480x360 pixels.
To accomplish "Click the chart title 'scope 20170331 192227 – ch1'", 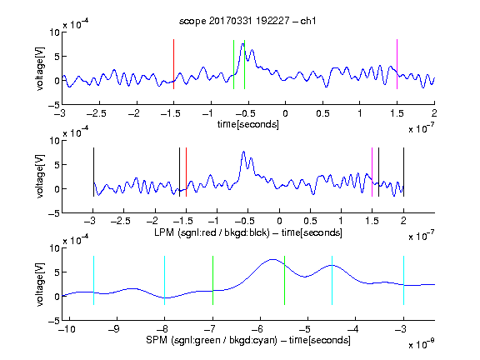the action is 247,21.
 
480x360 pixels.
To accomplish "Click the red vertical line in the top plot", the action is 173,64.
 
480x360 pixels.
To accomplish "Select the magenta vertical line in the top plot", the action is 397,64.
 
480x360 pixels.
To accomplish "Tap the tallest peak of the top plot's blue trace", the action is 243,44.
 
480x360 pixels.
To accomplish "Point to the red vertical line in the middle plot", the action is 186,172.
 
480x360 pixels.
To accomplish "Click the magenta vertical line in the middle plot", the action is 372,172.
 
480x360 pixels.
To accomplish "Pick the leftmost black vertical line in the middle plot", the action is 93,172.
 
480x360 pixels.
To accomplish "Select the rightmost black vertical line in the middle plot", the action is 403,172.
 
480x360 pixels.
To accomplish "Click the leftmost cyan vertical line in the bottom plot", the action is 93,280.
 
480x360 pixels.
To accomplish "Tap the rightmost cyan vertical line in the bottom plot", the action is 403,280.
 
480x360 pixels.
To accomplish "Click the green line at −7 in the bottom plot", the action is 212,280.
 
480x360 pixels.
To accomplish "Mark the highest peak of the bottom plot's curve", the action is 272,260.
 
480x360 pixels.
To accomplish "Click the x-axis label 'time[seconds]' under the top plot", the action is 248,124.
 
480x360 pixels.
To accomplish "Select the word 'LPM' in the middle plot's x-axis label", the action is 164,232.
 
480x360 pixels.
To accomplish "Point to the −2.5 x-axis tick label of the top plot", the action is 97,113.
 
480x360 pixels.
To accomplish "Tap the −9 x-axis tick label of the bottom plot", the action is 114,329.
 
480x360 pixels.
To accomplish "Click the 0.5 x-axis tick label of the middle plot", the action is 310,221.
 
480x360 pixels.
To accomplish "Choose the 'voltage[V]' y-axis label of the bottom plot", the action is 40,284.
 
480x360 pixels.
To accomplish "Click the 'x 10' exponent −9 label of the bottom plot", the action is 422,343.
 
